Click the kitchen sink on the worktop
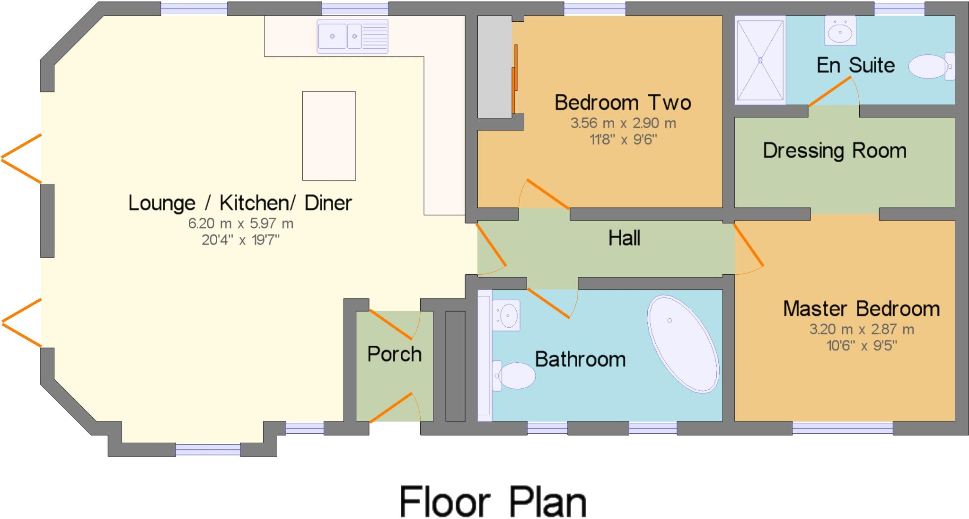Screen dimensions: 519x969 (x=352, y=36)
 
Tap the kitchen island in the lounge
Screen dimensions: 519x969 (x=328, y=136)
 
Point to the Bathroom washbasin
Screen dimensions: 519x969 (x=506, y=315)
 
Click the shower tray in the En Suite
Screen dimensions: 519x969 (x=760, y=60)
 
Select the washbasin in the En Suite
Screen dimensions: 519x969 (x=840, y=31)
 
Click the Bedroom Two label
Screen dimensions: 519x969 (x=623, y=103)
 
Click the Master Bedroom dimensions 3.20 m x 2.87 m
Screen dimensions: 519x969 (x=861, y=329)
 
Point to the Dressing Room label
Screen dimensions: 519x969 (x=834, y=151)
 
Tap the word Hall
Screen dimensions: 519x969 (x=624, y=238)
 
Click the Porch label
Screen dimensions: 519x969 (x=394, y=354)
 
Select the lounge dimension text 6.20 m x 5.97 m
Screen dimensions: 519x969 (x=240, y=224)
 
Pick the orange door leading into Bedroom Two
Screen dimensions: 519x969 (x=547, y=194)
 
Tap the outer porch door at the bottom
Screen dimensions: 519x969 (x=391, y=407)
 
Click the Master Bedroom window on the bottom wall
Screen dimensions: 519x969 (x=842, y=428)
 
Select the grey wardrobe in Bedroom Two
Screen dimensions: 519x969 (x=494, y=66)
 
